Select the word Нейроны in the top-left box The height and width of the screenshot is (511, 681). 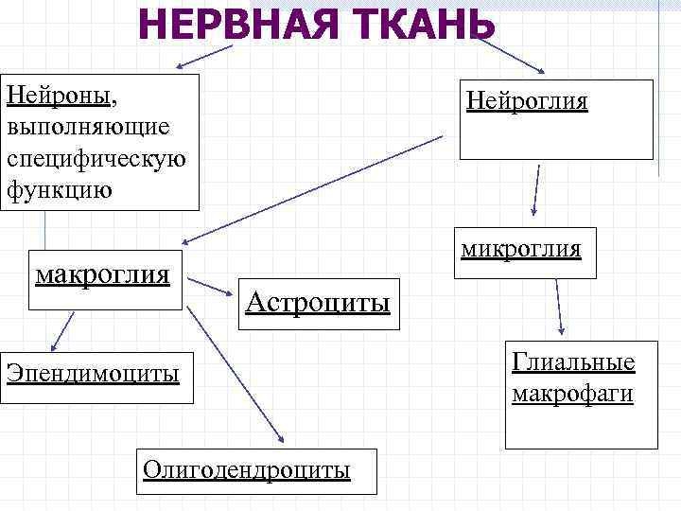pos(60,97)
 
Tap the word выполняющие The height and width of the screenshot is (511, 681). pos(88,127)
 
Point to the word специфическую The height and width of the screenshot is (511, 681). pos(96,158)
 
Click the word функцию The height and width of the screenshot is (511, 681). pos(59,189)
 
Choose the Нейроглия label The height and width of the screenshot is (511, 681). pos(528,101)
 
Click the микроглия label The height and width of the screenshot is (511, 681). pos(521,250)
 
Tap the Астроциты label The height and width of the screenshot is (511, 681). pos(318,303)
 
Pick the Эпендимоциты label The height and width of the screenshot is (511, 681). pos(93,373)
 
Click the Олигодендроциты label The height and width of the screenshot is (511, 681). pos(246,469)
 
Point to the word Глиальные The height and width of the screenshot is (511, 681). pos(573,362)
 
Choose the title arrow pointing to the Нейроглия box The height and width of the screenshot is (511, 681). pos(511,56)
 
